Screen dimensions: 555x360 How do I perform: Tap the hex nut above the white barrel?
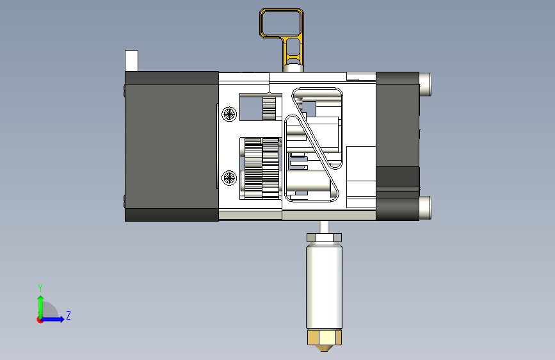(324, 238)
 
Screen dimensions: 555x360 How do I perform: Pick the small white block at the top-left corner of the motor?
(131, 61)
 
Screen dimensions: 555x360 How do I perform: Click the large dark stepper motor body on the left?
(172, 146)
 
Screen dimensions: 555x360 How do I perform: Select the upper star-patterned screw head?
(229, 114)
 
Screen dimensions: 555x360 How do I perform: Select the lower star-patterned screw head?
(229, 177)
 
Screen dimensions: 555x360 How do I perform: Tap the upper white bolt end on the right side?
(425, 85)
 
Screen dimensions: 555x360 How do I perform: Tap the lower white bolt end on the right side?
(425, 208)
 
